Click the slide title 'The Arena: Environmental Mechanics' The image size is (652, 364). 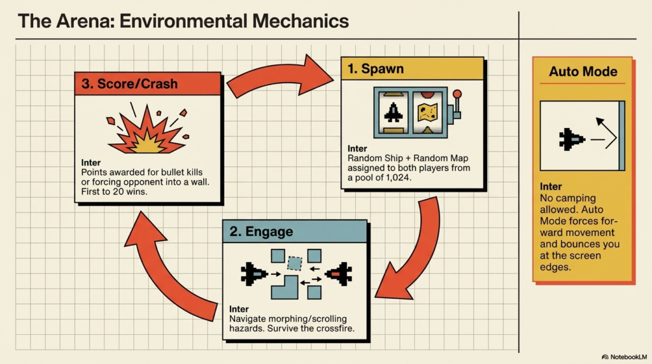point(183,20)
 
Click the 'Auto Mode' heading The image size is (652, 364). point(583,71)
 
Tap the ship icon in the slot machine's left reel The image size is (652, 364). point(394,113)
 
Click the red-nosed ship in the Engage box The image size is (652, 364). point(338,274)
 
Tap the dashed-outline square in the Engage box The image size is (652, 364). point(294,262)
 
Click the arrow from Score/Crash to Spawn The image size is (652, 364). point(281,76)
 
